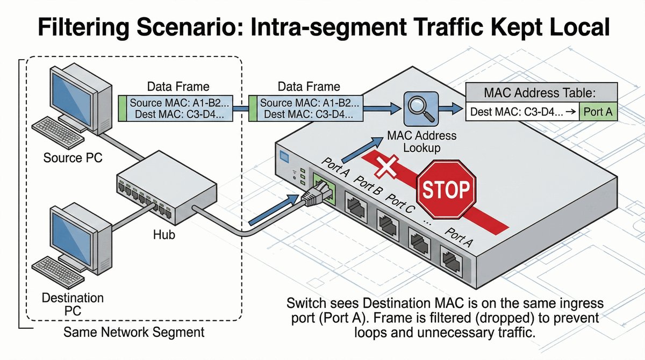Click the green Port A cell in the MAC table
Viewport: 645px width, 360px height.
(x=601, y=112)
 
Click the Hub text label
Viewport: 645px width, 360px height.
(x=165, y=235)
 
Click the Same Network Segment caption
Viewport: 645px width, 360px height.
(x=134, y=332)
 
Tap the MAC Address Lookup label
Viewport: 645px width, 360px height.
(x=422, y=142)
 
